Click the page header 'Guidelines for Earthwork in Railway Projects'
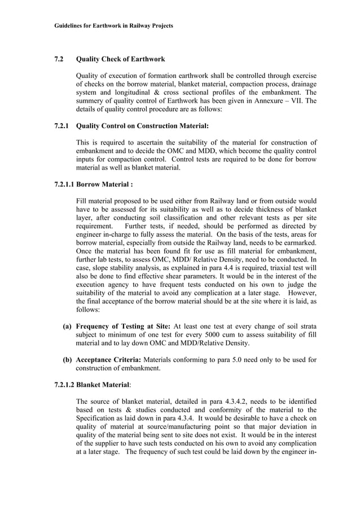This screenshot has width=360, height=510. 113,26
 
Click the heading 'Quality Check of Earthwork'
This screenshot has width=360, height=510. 120,59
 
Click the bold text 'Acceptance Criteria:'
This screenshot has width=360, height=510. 109,360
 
